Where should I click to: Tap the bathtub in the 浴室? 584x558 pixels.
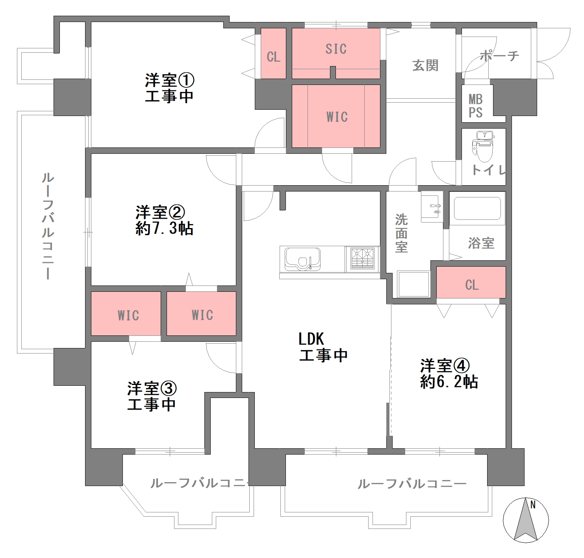pos(477,208)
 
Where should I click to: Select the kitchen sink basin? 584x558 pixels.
pos(302,258)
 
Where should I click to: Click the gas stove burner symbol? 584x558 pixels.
pos(362,258)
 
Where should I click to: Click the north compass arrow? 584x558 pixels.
pos(525,520)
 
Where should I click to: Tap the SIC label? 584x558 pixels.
pos(336,49)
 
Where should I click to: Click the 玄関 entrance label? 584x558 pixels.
pos(425,66)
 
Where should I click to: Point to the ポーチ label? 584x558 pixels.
pos(499,56)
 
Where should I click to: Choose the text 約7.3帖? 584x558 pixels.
pos(164,228)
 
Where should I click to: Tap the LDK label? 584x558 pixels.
pos(311,339)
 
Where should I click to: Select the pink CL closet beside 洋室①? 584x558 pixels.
pos(273,53)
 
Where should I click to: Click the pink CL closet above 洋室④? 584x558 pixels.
pos(471,282)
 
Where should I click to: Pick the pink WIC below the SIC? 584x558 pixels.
pos(336,116)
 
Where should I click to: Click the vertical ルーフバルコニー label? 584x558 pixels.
pos(48,226)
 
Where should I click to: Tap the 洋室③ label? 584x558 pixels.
pos(152,389)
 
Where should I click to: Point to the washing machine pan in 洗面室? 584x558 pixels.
pos(413,284)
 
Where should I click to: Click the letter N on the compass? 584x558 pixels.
pos(533,505)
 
